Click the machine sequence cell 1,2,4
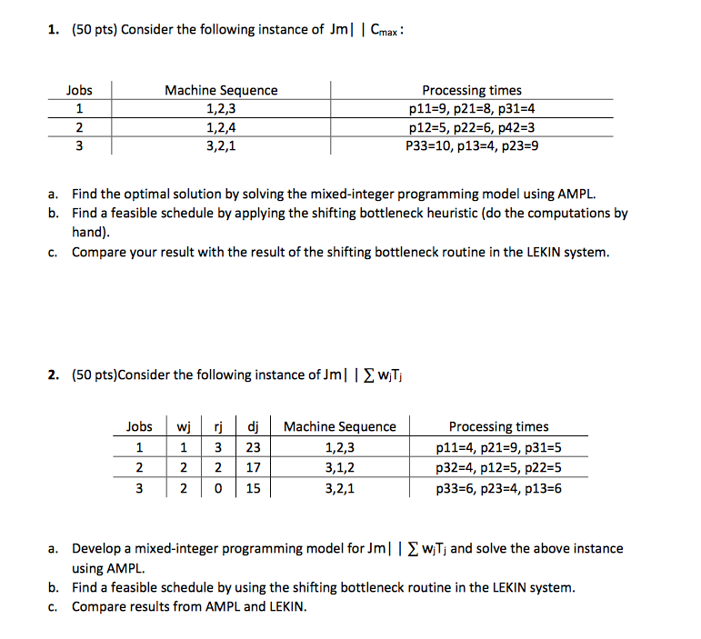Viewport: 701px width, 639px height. (x=221, y=127)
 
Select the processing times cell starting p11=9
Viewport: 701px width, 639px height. (x=472, y=109)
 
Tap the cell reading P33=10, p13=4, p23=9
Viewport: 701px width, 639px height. (x=472, y=145)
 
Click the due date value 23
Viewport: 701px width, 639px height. (x=253, y=447)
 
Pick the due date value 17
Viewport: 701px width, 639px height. (x=253, y=468)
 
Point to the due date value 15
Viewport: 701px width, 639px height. (x=253, y=488)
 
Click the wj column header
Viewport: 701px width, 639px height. (x=184, y=426)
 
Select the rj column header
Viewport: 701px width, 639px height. (x=219, y=426)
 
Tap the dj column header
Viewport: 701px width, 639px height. (x=253, y=426)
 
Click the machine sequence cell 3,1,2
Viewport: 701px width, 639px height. (x=339, y=468)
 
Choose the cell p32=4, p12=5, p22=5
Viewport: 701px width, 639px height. (x=498, y=468)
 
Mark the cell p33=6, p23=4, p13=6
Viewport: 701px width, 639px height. (x=498, y=488)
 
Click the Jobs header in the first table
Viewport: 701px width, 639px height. (x=79, y=90)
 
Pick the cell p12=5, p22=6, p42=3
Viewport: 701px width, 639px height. (x=472, y=127)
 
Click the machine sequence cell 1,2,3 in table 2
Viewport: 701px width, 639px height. (x=339, y=447)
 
